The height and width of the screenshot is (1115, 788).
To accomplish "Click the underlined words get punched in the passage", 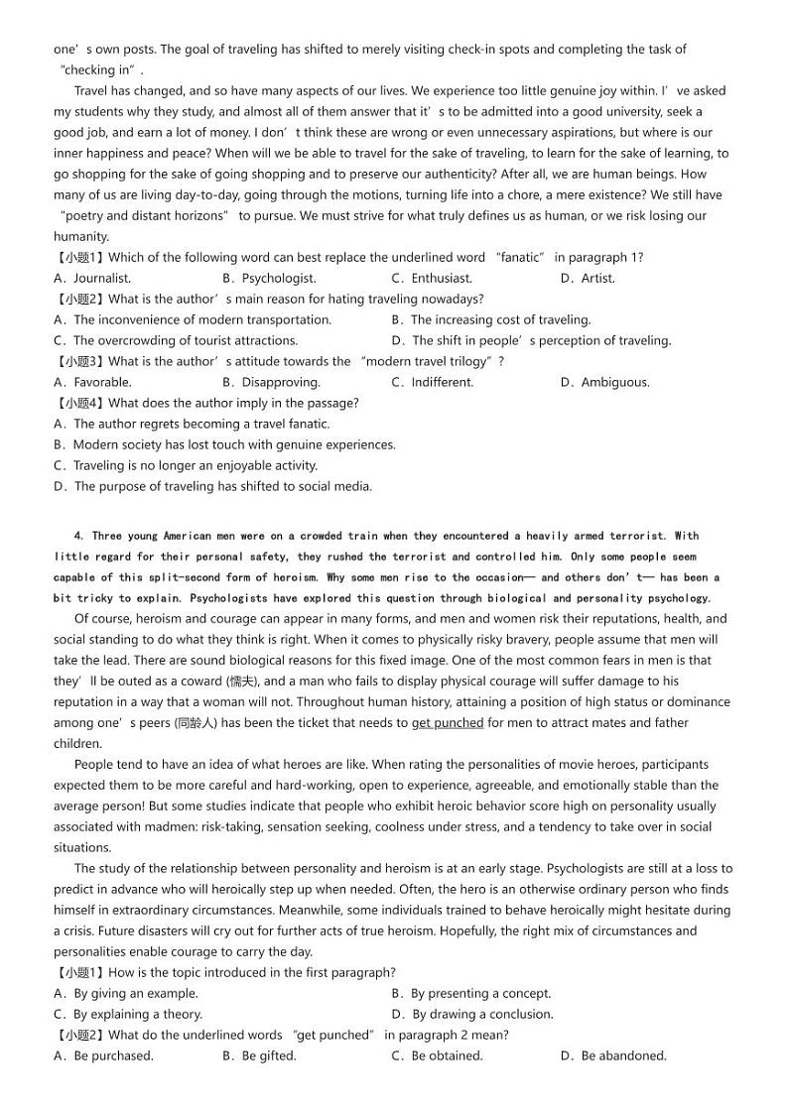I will (x=448, y=723).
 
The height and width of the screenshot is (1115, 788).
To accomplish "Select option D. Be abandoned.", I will (x=613, y=1056).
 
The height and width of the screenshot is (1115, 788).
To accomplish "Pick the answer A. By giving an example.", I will (x=126, y=994).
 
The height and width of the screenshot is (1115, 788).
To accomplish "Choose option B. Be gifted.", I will (x=259, y=1056).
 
